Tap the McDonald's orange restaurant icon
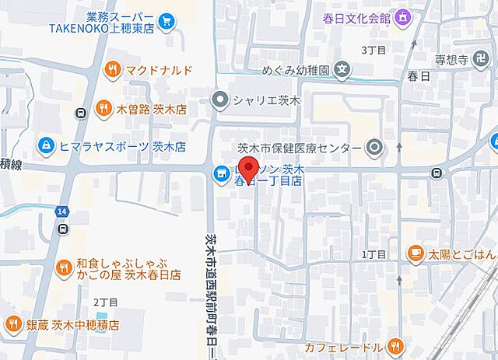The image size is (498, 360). pos(114,70)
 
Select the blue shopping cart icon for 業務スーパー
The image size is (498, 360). pos(165,21)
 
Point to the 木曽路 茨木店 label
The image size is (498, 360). pos(149,109)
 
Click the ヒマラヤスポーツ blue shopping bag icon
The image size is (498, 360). pos(46,145)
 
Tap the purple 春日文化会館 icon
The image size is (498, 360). pos(403,16)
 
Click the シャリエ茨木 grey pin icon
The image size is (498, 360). pos(220,99)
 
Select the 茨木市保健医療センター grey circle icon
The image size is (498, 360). pos(374,147)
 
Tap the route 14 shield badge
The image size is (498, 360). pos(61,211)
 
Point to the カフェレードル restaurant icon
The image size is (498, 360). pos(396,346)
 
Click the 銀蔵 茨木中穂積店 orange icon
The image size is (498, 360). pos(13,324)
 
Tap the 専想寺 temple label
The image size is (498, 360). pos(450,59)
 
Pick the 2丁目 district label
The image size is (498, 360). pos(104,301)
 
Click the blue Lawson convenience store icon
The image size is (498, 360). pos(221,173)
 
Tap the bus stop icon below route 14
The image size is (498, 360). pos(61,229)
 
